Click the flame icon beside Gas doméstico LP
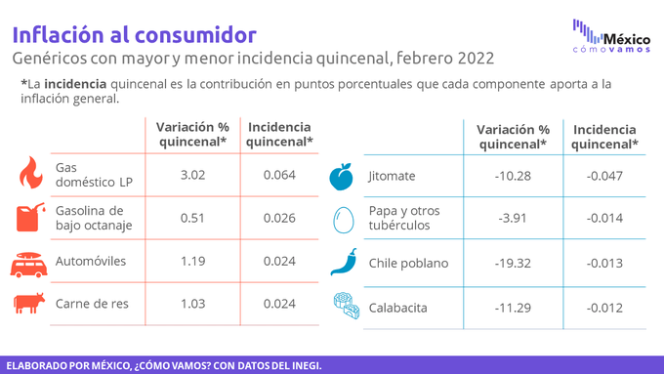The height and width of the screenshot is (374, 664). click(31, 173)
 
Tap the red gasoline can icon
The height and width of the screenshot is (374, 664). click(30, 218)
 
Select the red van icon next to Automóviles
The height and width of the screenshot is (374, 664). click(28, 265)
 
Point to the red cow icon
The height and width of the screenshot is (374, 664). click(29, 303)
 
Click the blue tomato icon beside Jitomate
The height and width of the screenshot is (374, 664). click(342, 177)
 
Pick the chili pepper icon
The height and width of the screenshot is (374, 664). click(344, 262)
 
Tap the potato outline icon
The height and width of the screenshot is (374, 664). click(343, 220)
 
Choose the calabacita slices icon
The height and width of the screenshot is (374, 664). click(347, 306)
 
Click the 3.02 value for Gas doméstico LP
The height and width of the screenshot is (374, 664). click(192, 175)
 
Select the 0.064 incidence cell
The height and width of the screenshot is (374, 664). click(279, 175)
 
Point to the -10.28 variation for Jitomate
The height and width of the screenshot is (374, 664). click(513, 176)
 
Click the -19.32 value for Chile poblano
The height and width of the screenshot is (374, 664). click(513, 263)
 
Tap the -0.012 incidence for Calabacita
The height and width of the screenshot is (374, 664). click(604, 308)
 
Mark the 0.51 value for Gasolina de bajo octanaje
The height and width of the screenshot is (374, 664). click(192, 218)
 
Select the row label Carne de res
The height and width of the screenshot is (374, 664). click(92, 304)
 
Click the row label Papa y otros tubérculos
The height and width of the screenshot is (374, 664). click(404, 218)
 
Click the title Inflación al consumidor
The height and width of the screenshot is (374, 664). click(134, 35)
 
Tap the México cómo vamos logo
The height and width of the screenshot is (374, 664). click(611, 36)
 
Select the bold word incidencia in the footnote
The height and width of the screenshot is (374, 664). click(75, 84)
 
